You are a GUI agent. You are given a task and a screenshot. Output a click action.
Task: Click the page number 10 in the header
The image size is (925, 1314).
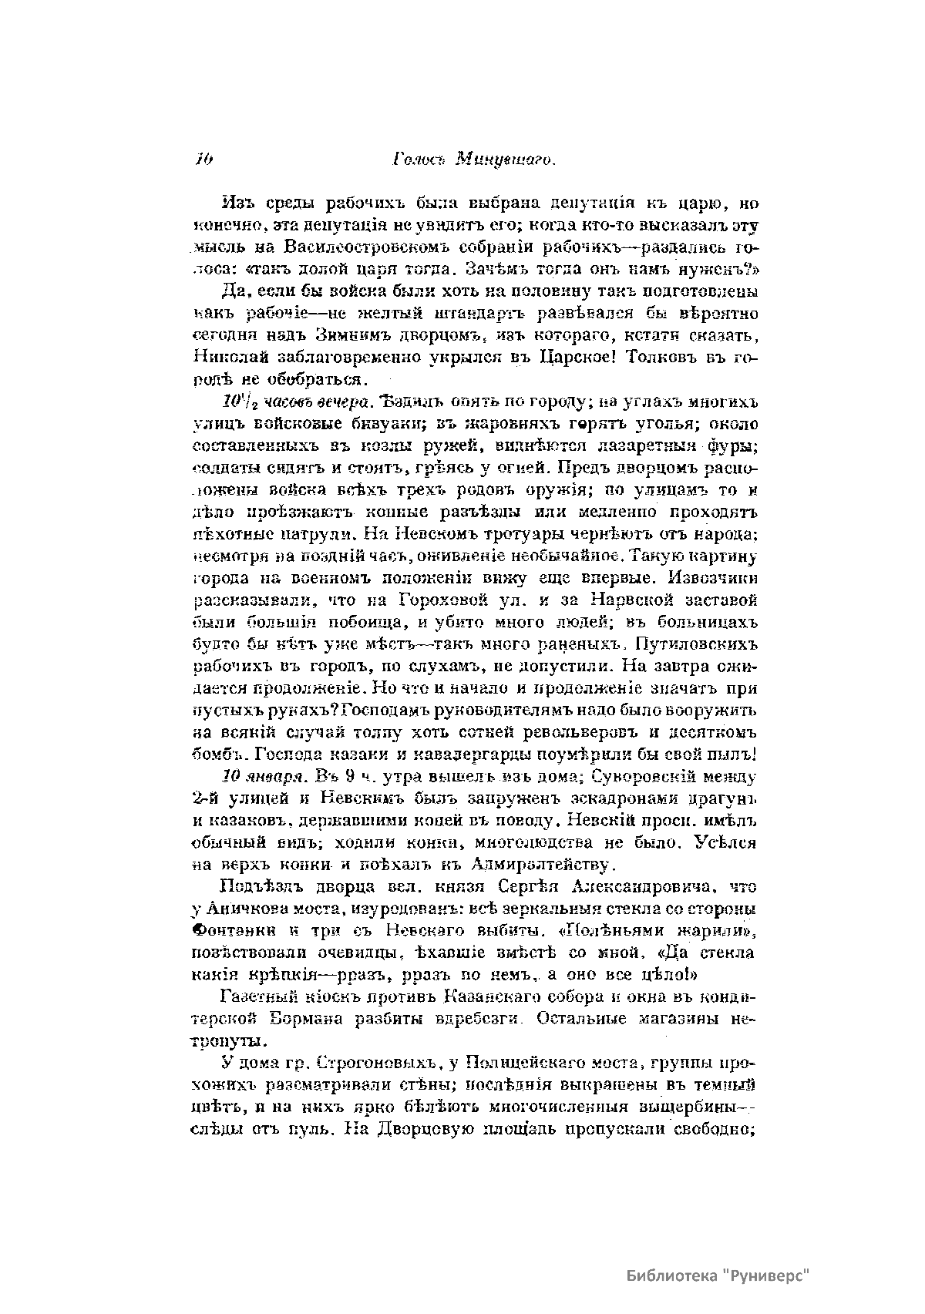(204, 160)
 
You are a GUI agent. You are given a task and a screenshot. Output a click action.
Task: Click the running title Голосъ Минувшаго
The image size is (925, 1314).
(474, 160)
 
